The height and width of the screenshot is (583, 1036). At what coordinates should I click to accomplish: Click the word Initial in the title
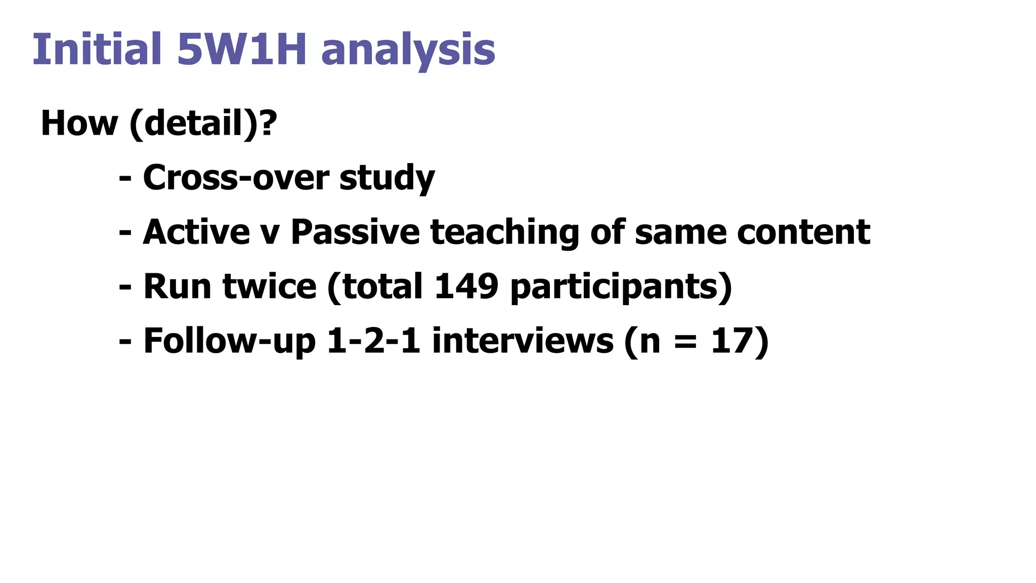pos(97,49)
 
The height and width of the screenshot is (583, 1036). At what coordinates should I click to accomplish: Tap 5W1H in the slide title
pos(242,49)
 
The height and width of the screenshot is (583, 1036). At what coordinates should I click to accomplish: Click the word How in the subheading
pos(79,123)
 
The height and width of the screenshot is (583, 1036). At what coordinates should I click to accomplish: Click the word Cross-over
pos(236,178)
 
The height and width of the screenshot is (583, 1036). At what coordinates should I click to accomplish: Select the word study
pos(387,179)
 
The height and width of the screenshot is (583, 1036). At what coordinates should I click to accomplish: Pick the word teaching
pos(504,233)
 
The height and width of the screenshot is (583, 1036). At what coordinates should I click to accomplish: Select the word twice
pos(270,286)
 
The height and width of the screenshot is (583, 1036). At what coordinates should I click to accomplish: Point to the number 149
pos(466,286)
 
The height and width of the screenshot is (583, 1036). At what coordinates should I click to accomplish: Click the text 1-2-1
pos(374,341)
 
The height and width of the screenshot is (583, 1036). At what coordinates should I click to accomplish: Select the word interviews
pos(523,341)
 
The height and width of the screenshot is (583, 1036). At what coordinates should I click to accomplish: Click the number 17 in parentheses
pos(733,341)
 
